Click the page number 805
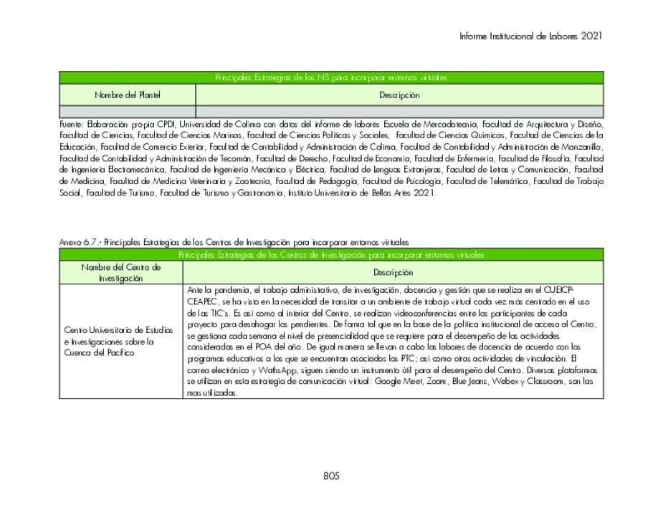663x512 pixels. click(x=330, y=475)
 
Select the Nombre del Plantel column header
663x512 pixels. click(x=128, y=95)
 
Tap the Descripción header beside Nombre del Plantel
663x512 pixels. click(x=399, y=95)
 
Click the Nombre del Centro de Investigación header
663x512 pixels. click(x=121, y=272)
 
